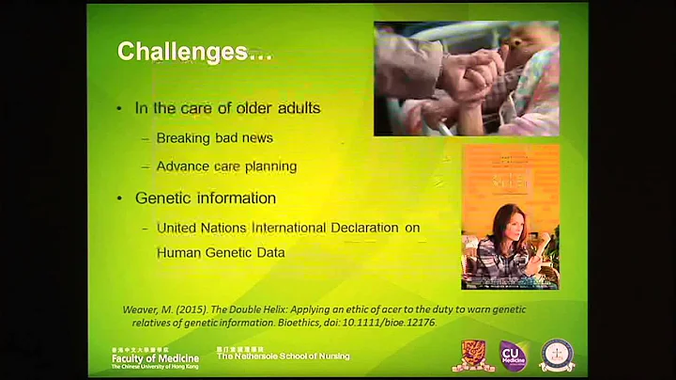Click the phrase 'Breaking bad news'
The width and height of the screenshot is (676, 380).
214,138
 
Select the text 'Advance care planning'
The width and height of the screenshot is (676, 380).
226,166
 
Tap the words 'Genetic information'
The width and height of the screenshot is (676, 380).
205,198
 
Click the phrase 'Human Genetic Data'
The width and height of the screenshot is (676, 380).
221,251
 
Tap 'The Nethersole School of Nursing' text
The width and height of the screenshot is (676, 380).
283,356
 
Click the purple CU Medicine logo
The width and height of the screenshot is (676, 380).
513,356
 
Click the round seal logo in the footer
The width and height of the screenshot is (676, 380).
558,356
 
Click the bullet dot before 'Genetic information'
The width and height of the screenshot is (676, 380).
119,198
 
